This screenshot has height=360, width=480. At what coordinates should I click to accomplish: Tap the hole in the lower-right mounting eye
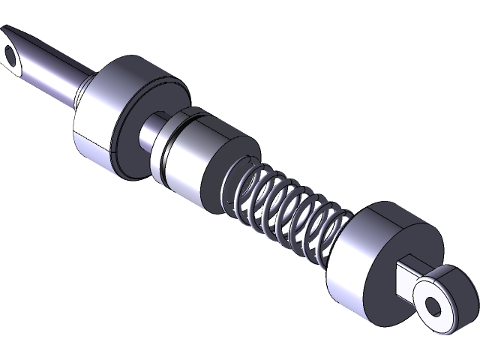[x=433, y=305]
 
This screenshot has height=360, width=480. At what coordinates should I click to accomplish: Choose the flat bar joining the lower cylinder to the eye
[x=406, y=277]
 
